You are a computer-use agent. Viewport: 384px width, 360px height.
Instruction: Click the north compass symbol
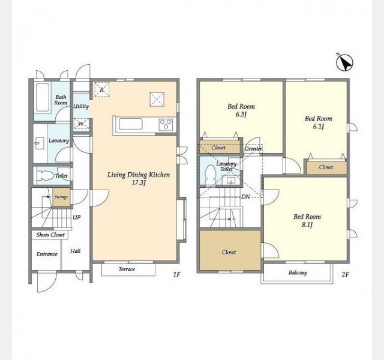pyautogui.click(x=344, y=62)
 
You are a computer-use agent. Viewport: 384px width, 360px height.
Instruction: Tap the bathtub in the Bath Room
pyautogui.click(x=43, y=97)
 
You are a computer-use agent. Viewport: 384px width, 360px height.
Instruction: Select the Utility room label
pyautogui.click(x=81, y=106)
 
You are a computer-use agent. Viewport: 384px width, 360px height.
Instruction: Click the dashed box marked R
pyautogui.click(x=102, y=89)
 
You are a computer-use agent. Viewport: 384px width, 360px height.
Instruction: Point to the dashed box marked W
pyautogui.click(x=81, y=124)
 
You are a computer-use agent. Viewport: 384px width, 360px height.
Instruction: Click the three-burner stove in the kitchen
pyautogui.click(x=166, y=124)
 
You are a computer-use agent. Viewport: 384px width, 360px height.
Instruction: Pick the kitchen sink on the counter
pyautogui.click(x=131, y=124)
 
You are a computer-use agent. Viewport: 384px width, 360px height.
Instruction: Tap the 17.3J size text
pyautogui.click(x=139, y=182)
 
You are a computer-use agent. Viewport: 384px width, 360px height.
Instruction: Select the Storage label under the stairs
pyautogui.click(x=61, y=197)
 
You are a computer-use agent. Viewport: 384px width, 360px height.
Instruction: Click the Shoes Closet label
pyautogui.click(x=50, y=235)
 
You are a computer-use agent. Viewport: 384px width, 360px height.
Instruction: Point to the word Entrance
pyautogui.click(x=47, y=254)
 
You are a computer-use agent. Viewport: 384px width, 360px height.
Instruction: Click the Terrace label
pyautogui.click(x=127, y=269)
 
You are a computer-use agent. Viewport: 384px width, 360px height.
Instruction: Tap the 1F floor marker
pyautogui.click(x=176, y=275)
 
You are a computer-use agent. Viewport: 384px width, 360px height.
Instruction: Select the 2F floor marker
pyautogui.click(x=345, y=275)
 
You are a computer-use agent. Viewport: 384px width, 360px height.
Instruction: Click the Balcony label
pyautogui.click(x=298, y=272)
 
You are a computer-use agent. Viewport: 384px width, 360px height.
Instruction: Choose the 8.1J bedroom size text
pyautogui.click(x=307, y=224)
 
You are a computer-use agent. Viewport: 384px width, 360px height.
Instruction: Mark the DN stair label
pyautogui.click(x=245, y=196)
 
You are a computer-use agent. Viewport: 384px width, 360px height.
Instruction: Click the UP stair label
pyautogui.click(x=77, y=217)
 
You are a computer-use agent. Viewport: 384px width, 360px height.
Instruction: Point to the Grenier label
pyautogui.click(x=253, y=149)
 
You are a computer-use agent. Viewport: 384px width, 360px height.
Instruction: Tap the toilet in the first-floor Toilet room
pyautogui.click(x=46, y=176)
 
